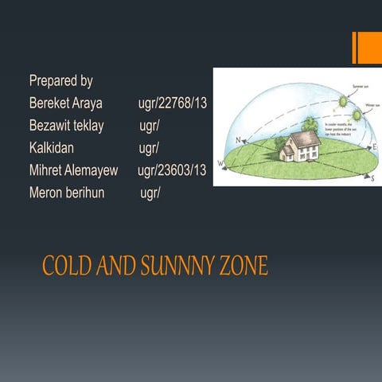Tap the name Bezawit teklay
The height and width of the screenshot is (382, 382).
pos(66,126)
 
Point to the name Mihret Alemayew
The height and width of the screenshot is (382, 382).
pos(73,170)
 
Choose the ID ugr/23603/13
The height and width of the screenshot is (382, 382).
pos(172,170)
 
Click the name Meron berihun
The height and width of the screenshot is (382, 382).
pos(67,193)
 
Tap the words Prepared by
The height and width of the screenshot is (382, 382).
pos(60,81)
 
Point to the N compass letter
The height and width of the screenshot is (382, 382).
pos(238,140)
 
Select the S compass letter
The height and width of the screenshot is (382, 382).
pos(372,179)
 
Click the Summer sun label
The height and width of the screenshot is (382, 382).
pos(361,87)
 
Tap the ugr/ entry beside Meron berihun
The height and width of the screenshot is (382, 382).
pos(150,193)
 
